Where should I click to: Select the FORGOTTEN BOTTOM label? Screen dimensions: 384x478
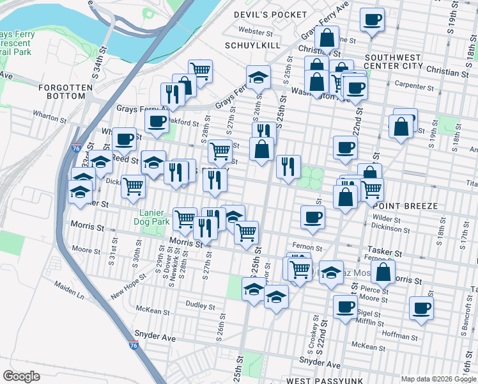point(62,91)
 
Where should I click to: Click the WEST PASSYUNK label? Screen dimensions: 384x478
point(316,380)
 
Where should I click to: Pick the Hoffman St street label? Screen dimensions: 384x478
point(400,334)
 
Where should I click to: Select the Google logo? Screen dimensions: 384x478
point(21,376)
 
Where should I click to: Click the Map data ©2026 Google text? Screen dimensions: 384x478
point(438,379)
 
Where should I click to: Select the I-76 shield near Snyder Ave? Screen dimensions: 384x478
point(133,346)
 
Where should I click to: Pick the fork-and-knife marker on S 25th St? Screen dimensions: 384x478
point(288,166)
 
